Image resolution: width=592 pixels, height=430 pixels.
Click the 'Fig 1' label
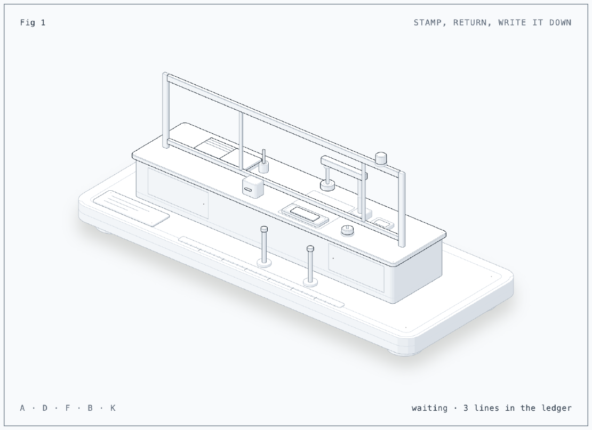tap(33, 22)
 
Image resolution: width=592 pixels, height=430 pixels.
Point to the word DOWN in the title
tap(561, 22)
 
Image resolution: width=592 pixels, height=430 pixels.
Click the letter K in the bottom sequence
tap(113, 408)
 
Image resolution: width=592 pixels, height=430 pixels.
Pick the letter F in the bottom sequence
tap(68, 408)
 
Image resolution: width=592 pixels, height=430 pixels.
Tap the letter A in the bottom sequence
tap(22, 408)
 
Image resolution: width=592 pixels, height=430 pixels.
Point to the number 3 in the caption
tap(466, 408)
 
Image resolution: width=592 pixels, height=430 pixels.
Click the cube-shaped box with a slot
tap(253, 186)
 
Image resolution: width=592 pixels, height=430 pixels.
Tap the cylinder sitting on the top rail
tap(381, 158)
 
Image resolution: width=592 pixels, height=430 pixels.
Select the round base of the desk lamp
tap(327, 185)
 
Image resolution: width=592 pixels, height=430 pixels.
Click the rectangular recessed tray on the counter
tap(305, 215)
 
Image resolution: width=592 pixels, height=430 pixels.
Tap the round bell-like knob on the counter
tap(347, 230)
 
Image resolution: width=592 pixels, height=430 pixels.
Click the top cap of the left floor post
tap(265, 229)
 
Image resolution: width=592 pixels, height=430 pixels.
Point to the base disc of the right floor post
tap(310, 281)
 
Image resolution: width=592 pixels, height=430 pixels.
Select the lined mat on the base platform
tap(131, 208)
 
